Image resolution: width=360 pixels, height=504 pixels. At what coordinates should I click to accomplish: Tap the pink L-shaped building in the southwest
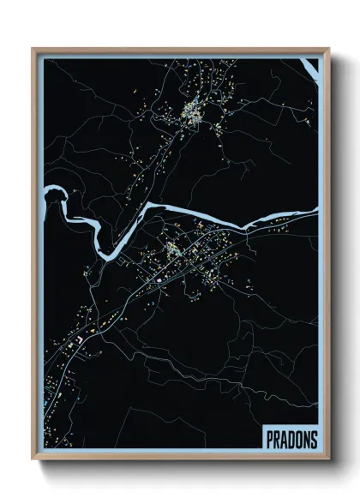point(81,340)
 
